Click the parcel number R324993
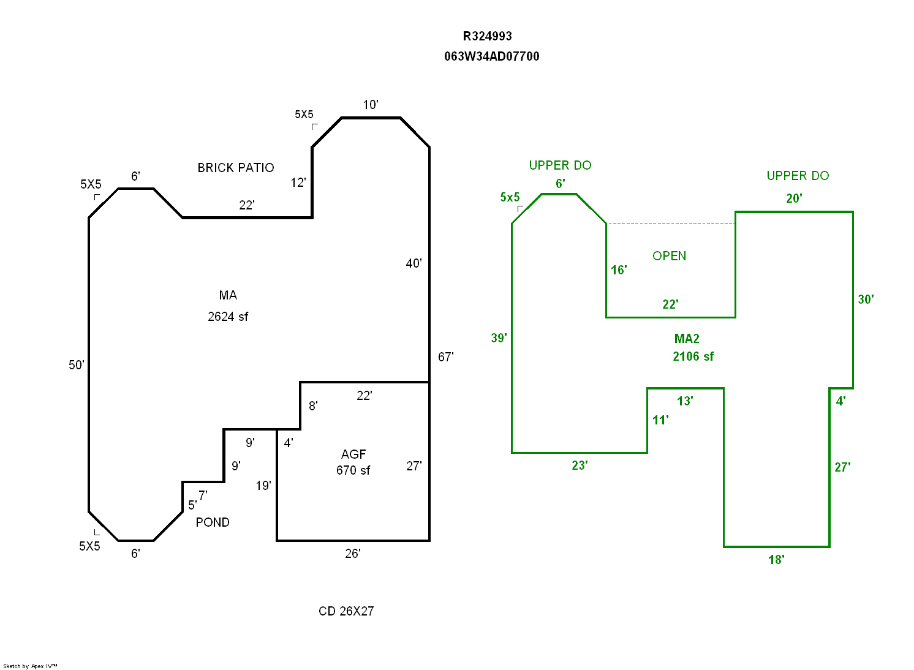point(487,36)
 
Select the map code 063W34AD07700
point(491,56)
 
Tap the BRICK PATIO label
point(235,168)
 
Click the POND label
point(213,522)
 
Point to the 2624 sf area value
point(228,317)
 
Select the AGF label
point(353,454)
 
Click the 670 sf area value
point(353,470)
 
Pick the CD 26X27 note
point(346,611)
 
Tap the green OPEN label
point(669,256)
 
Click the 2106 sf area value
point(693,356)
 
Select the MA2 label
point(687,339)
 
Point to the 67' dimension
point(445,357)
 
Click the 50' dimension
point(77,365)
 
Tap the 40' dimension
point(414,263)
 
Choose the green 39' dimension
point(499,338)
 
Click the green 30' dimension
point(866,299)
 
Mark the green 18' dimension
point(776,560)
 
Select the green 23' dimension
point(580,465)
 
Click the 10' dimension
point(371,105)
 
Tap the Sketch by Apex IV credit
point(30,666)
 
